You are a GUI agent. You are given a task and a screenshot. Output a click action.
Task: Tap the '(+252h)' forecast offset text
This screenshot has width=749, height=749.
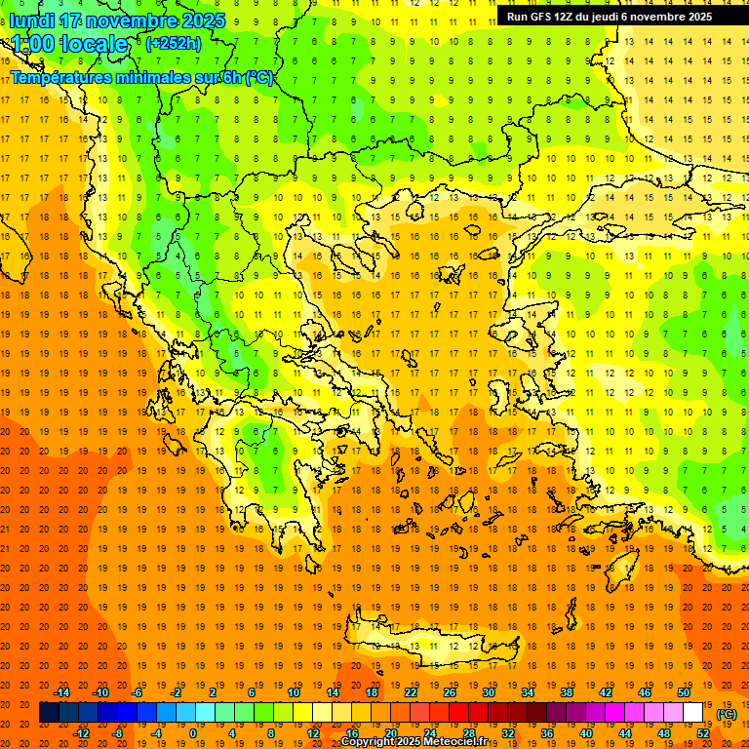[175, 43]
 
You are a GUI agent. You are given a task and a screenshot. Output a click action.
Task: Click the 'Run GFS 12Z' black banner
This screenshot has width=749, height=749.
[609, 17]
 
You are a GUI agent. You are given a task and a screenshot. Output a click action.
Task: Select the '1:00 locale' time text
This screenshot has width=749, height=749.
[69, 44]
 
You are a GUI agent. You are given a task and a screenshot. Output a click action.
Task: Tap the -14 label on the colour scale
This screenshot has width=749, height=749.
[62, 692]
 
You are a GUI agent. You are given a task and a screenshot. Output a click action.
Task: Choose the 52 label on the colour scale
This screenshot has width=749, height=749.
[703, 733]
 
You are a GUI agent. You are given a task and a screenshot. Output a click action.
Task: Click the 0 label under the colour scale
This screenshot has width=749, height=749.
[192, 733]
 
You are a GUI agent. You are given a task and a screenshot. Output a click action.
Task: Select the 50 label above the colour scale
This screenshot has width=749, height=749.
[683, 692]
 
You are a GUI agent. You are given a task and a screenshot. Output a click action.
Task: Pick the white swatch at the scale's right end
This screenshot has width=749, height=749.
[693, 713]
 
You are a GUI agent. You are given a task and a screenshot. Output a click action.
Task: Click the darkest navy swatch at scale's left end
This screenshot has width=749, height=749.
[49, 713]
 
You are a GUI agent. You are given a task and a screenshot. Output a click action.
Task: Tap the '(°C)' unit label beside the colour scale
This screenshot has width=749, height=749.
[727, 714]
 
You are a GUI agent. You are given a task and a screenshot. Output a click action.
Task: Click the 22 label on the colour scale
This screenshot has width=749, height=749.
[411, 692]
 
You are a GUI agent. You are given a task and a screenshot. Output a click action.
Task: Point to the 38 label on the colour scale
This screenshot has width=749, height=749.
[566, 692]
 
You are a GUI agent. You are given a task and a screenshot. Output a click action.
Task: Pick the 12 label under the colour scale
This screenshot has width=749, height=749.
[313, 733]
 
